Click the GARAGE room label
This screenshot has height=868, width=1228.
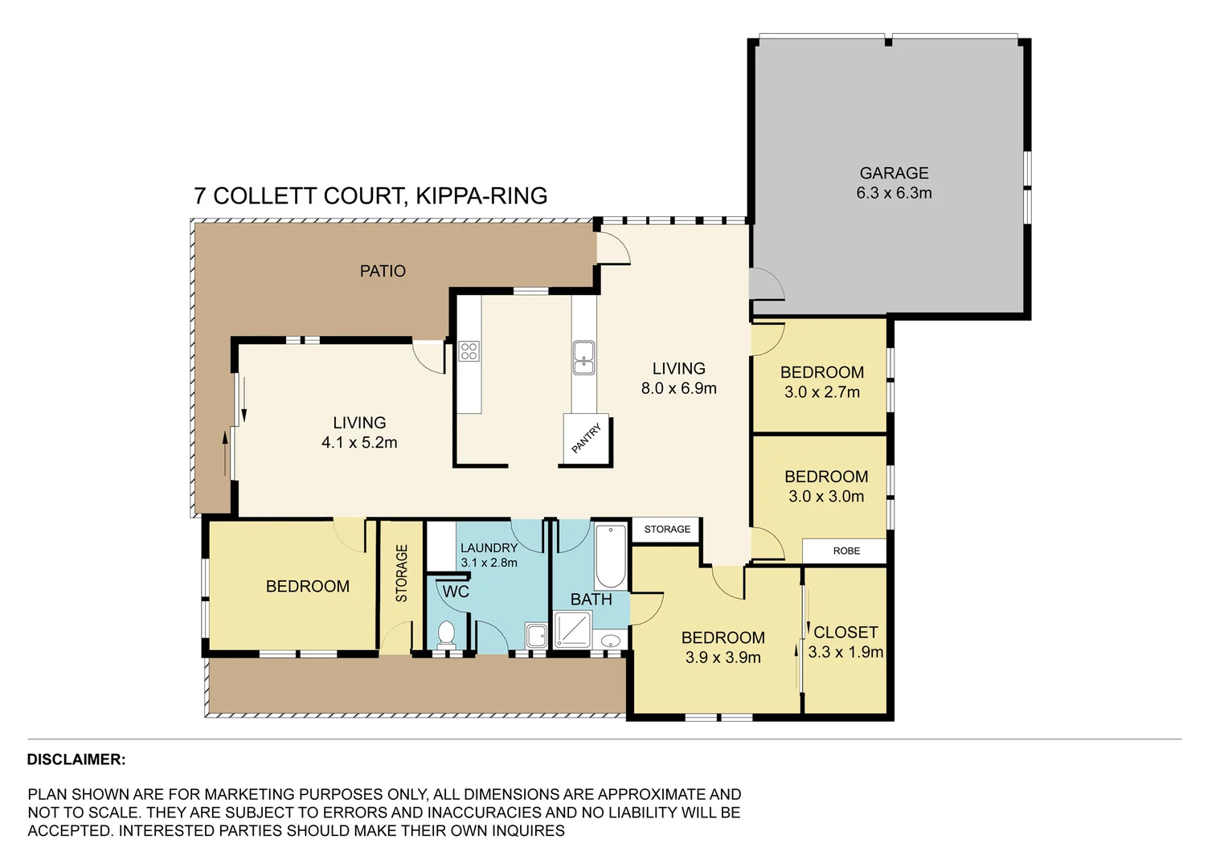[894, 174]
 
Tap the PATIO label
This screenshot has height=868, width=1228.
[383, 272]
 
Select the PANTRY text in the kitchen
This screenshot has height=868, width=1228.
[586, 439]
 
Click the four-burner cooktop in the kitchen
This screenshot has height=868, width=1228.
[469, 351]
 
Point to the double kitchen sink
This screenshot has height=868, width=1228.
[583, 358]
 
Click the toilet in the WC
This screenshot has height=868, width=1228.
[446, 634]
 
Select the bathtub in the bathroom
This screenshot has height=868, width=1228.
[611, 556]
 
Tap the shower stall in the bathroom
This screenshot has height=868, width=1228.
[572, 630]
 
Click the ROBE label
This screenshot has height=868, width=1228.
[846, 551]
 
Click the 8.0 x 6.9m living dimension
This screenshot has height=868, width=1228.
[678, 389]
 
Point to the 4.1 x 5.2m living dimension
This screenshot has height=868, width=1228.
[359, 443]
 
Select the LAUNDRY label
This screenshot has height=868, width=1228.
[489, 548]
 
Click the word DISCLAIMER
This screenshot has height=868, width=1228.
[76, 759]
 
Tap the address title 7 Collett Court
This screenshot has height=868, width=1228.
[370, 196]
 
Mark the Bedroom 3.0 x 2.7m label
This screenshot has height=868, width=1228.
[822, 383]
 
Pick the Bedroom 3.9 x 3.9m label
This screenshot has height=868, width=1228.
[722, 648]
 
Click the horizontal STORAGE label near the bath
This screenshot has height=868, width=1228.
[667, 530]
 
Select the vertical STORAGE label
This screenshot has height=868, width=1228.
[402, 573]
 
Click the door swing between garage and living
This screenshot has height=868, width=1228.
[765, 284]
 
